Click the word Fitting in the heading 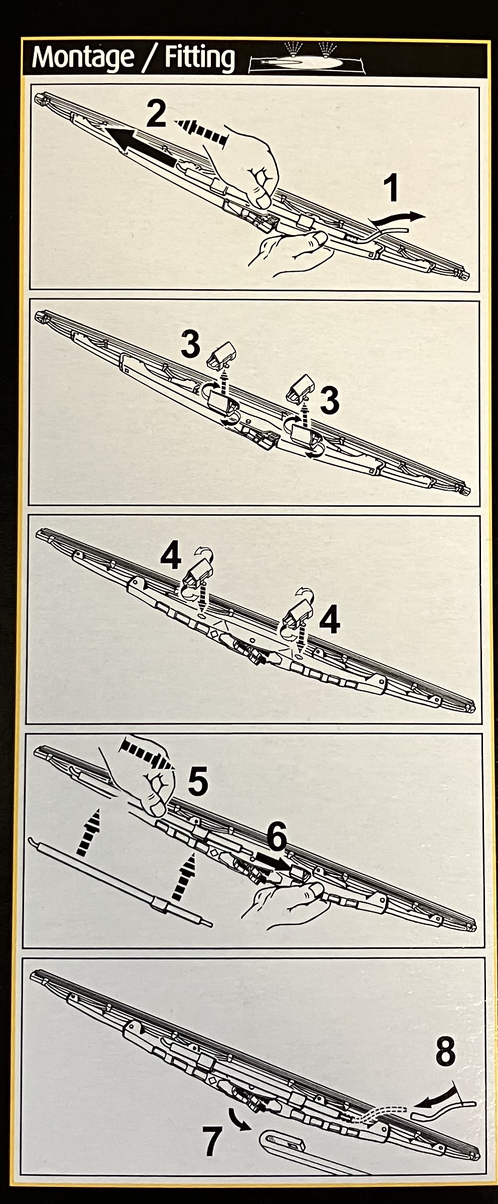pyautogui.click(x=199, y=57)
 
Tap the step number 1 pyautogui.click(x=391, y=189)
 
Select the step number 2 pyautogui.click(x=156, y=114)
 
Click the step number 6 pyautogui.click(x=277, y=837)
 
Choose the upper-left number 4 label pyautogui.click(x=171, y=556)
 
